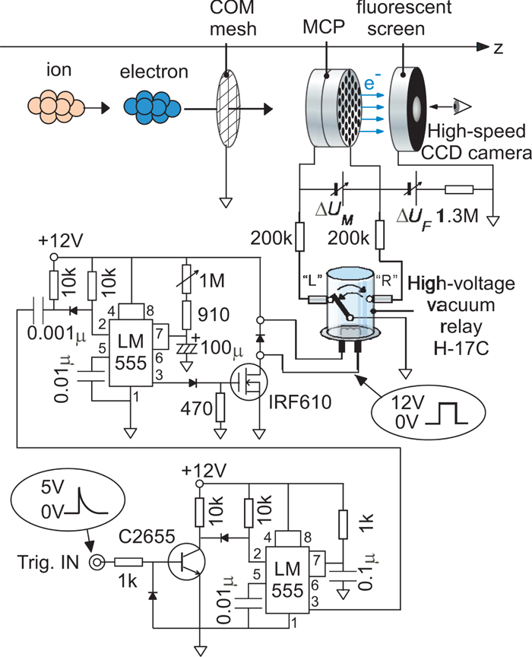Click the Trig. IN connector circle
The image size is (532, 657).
(97, 563)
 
